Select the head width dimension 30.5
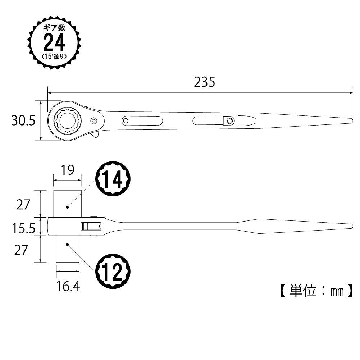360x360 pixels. [23, 121]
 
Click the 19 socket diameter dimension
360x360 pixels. [67, 170]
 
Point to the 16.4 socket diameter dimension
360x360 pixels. [68, 287]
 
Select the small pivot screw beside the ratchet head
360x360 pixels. [94, 120]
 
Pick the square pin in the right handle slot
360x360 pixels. [228, 120]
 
